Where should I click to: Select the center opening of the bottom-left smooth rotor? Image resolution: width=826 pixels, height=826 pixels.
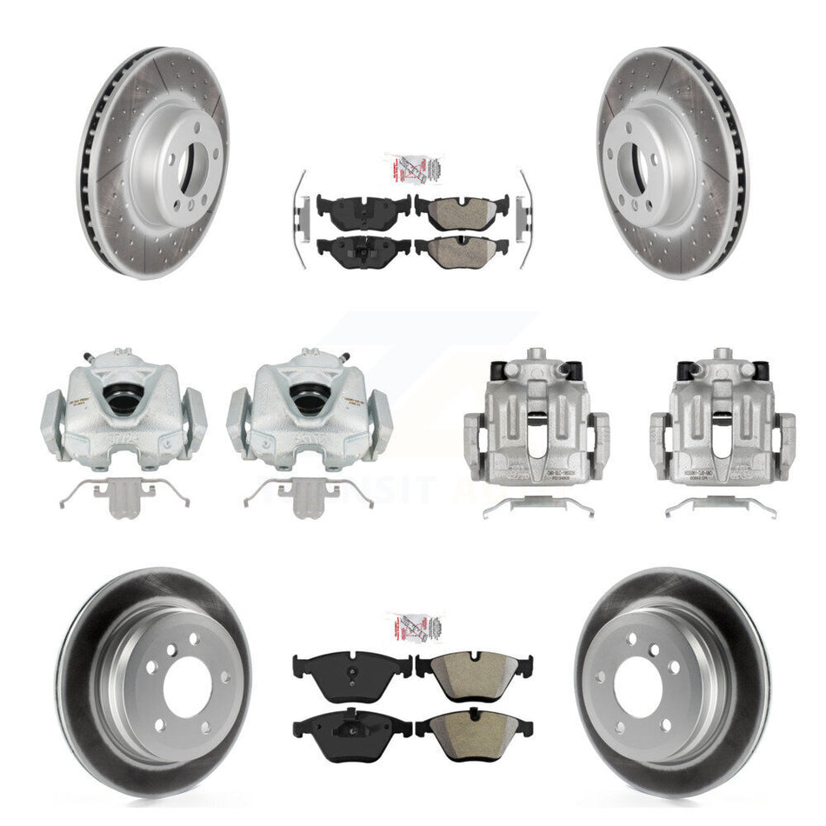point(157,687)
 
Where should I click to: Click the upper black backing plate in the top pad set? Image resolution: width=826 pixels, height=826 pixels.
point(363,207)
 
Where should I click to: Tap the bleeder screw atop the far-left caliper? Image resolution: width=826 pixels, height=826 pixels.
point(84,356)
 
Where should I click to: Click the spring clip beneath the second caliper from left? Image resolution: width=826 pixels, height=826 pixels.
point(308,496)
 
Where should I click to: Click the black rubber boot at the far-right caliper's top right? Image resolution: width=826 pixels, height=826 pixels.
point(761,369)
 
